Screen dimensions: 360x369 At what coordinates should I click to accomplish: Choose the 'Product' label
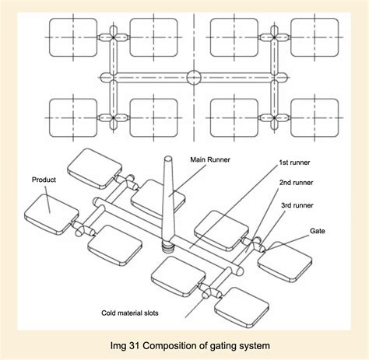coord(45,180)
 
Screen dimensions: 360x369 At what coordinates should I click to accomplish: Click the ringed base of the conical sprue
coord(168,246)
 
